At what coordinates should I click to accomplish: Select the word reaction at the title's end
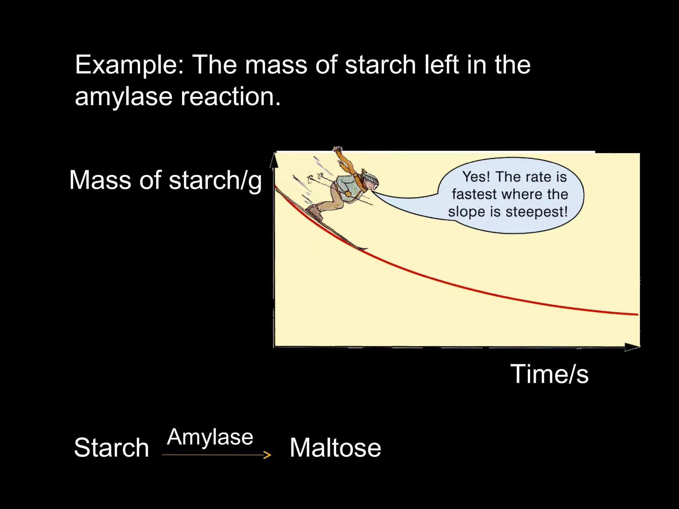(230, 97)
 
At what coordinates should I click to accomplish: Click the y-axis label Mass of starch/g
(165, 181)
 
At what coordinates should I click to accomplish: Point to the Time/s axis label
(549, 374)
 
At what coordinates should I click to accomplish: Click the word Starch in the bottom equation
(111, 448)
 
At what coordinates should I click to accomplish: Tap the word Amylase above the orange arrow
(210, 437)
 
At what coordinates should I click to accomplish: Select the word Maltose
(335, 448)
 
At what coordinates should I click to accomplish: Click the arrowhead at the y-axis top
(274, 160)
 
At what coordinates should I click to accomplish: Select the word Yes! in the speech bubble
(476, 177)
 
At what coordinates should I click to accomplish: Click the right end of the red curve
(637, 314)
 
